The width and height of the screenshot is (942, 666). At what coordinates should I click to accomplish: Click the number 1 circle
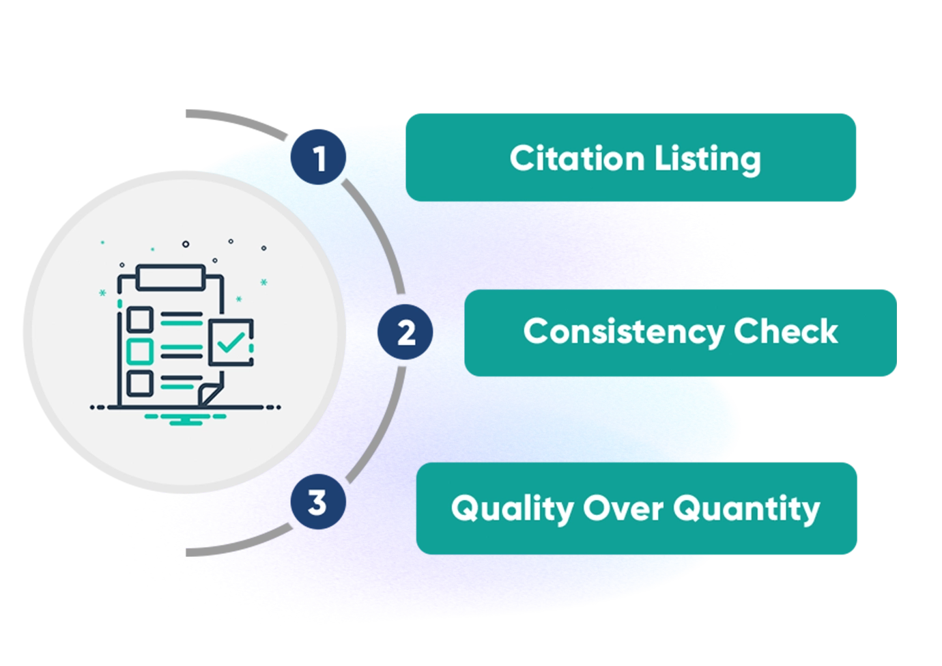[318, 157]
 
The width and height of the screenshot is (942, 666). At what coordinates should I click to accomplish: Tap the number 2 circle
[405, 333]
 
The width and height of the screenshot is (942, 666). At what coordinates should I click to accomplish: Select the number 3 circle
[317, 502]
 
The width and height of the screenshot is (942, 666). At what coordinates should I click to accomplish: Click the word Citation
[577, 158]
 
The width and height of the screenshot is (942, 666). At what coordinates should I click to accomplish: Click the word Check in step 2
[786, 331]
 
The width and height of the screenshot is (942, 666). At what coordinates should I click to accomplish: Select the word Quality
[512, 509]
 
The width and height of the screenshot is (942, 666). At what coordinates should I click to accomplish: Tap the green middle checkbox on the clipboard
[140, 351]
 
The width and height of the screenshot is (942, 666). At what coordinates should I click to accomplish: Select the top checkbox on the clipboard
[140, 319]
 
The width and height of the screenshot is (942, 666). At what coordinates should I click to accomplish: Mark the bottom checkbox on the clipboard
[140, 383]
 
